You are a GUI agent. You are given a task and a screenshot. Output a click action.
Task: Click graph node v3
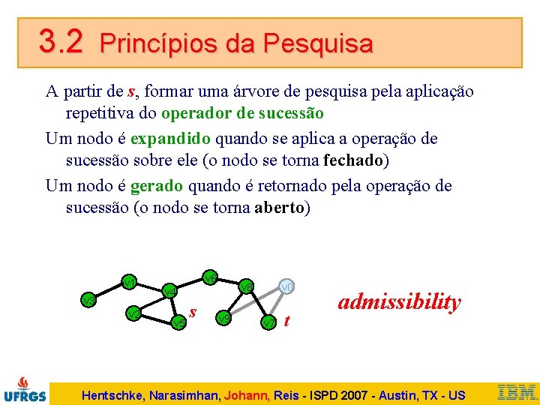point(88,300)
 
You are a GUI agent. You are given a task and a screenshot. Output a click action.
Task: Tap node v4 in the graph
point(169,290)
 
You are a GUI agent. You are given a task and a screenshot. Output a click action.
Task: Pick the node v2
point(133,313)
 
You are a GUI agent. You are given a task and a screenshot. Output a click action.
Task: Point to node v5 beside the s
point(178,322)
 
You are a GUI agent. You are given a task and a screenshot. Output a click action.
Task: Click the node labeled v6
point(211,278)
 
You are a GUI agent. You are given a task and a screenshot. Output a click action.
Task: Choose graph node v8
point(246,286)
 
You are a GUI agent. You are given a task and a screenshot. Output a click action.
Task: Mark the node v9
point(223,318)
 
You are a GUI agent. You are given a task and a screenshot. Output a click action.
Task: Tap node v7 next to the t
point(268,322)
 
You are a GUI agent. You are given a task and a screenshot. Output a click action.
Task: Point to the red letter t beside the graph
point(287,322)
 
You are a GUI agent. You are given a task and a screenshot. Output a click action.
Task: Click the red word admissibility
point(399,301)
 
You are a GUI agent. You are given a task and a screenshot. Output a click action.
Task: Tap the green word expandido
point(170,139)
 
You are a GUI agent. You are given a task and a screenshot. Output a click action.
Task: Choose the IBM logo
point(517,391)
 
